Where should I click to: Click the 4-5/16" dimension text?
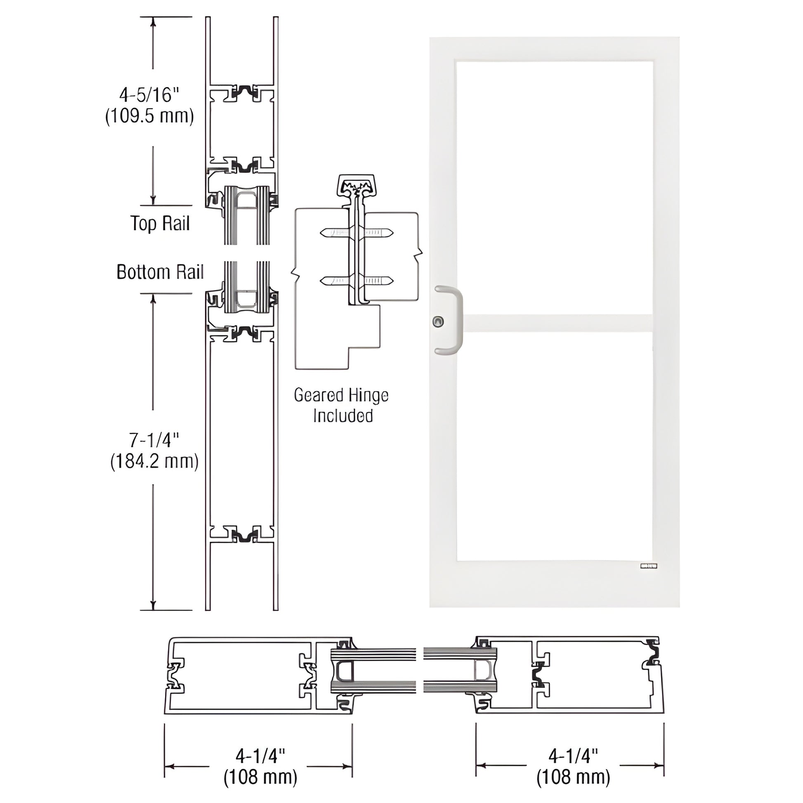pos(149,95)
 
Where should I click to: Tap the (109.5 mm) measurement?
pos(150,116)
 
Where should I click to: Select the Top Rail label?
pos(160,224)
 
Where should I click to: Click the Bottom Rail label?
pos(160,272)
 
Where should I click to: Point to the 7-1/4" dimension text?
pos(154,440)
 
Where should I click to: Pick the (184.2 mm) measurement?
pos(154,461)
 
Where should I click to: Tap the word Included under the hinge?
pos(343,416)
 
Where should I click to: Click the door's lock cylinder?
pos(438,321)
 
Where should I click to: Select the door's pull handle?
pos(456,320)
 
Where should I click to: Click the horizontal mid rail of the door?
pos(557,324)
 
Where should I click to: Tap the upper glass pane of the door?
pos(554,187)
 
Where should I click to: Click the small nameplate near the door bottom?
pos(648,565)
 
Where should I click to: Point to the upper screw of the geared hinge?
pos(356,233)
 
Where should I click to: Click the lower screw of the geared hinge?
pos(356,281)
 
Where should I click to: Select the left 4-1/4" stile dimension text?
pos(260,767)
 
